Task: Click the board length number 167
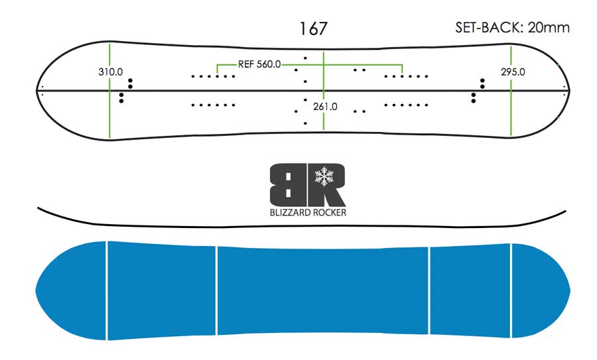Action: [x=313, y=29]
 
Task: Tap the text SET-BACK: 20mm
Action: [x=513, y=27]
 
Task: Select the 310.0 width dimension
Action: [x=110, y=72]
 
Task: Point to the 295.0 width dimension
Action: [x=513, y=72]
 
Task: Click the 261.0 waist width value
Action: [x=325, y=107]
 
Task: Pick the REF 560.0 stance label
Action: [x=259, y=64]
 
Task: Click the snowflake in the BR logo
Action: [x=324, y=176]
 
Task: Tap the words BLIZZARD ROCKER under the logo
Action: [x=308, y=212]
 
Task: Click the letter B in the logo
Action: [x=287, y=185]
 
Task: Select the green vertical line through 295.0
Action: [x=511, y=91]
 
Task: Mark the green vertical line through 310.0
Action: [x=109, y=91]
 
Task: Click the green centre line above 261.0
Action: [x=324, y=76]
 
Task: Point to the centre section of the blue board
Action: [x=323, y=291]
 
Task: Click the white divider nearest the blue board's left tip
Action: [x=107, y=290]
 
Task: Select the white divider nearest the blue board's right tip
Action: [x=511, y=290]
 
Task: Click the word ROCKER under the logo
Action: [x=329, y=212]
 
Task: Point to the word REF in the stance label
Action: [x=245, y=64]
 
